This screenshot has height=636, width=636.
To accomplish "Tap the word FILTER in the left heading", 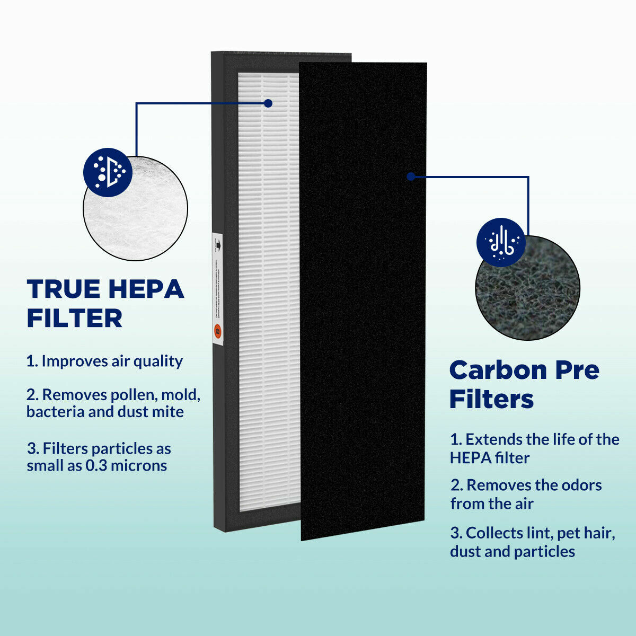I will point(75,319).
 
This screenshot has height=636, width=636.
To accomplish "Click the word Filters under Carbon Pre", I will point(491,399).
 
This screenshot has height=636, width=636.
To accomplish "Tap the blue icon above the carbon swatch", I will point(501,242).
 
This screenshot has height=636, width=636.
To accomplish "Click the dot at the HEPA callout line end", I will point(268,103).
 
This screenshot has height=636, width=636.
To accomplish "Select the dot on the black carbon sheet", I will point(411,176).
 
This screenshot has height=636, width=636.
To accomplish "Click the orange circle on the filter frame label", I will point(217,332).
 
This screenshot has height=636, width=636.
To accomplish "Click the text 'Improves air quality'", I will point(112,361).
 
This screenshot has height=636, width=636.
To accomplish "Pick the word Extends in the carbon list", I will point(491,439).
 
